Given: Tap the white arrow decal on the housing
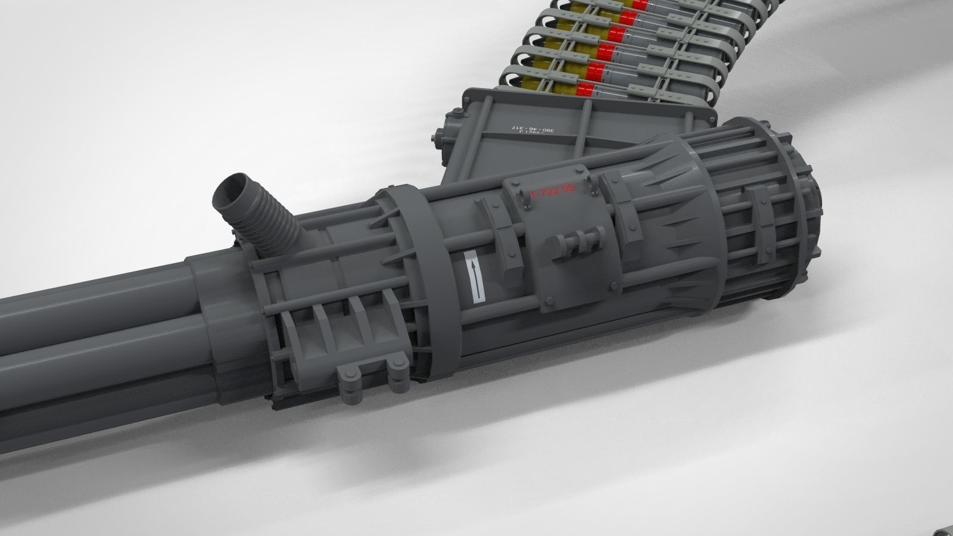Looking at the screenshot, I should [474, 277].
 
